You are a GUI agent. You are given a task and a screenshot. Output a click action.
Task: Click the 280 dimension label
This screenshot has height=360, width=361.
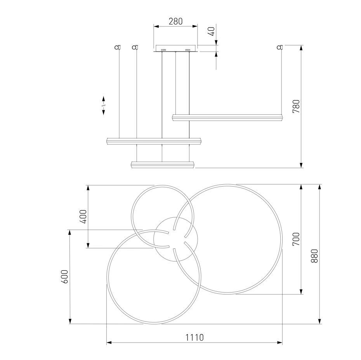tap(175, 21)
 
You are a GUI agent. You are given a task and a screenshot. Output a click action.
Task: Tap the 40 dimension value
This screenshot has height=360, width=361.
tap(212, 31)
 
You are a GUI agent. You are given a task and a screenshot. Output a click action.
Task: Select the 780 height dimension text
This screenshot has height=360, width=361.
tap(296, 106)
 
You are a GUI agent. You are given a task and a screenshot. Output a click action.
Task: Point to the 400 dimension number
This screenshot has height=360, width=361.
tap(83, 216)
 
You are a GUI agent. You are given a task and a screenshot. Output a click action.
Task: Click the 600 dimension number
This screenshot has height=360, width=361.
tap(65, 277)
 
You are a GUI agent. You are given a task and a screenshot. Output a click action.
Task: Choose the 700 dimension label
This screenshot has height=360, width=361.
tap(296, 239)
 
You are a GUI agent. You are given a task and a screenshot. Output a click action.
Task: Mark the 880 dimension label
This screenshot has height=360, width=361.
tap(314, 256)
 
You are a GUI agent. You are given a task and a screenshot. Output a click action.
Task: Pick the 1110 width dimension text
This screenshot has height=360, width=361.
tap(194, 337)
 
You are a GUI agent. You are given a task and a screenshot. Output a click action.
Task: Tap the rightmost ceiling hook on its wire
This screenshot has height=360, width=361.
tap(280, 47)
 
